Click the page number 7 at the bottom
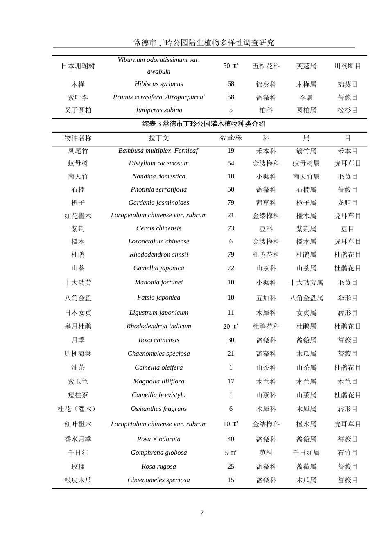[x=202, y=512]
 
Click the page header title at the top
[x=204, y=43]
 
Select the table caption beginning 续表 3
[x=204, y=124]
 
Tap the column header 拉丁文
[x=158, y=138]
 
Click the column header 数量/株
[x=231, y=138]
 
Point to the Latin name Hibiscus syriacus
[x=158, y=84]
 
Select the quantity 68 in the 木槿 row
[x=231, y=84]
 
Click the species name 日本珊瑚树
[x=78, y=66]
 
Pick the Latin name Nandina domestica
[x=158, y=176]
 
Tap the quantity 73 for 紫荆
[x=231, y=228]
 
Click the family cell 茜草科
[x=266, y=203]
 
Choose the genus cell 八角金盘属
[x=306, y=298]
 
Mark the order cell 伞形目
[x=347, y=298]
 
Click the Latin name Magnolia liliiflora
[x=158, y=381]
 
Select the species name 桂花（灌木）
[x=78, y=409]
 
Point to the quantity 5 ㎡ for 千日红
[x=231, y=453]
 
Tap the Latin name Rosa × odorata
[x=158, y=439]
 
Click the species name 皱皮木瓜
[x=78, y=480]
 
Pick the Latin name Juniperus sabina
[x=158, y=110]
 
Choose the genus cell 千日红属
[x=306, y=453]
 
